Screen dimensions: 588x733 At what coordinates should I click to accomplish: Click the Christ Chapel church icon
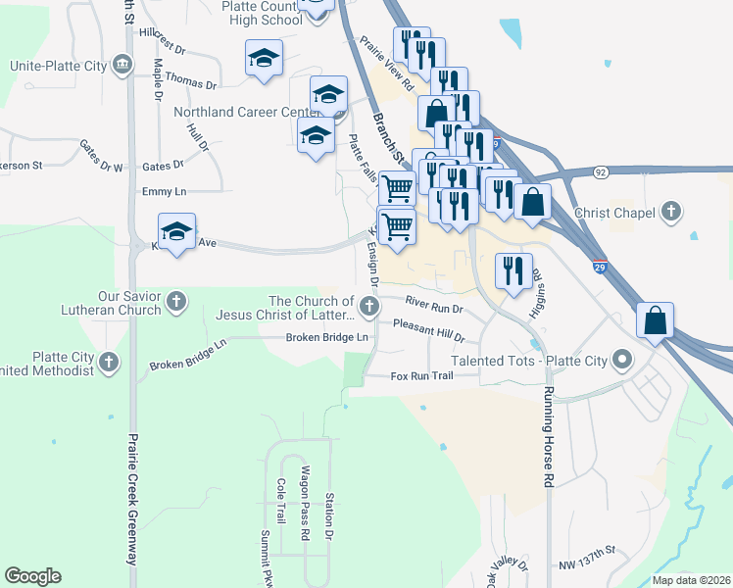click(671, 212)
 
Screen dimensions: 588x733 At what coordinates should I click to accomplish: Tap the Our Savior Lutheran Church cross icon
click(176, 301)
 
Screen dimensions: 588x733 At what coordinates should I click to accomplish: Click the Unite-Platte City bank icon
click(122, 65)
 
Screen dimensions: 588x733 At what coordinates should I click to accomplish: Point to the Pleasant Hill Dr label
click(427, 329)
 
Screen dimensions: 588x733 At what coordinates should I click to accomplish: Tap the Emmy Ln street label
click(164, 191)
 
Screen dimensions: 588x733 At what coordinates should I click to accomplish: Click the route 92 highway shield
click(600, 171)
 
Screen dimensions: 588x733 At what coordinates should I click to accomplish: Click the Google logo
click(33, 576)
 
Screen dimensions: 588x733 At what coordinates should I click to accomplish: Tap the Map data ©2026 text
click(691, 580)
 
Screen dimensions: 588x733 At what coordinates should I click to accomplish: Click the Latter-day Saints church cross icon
click(369, 309)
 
